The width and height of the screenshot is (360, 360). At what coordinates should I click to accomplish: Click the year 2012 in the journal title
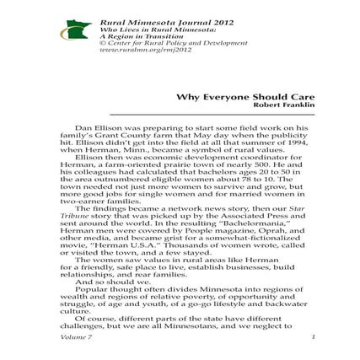pos(174,19)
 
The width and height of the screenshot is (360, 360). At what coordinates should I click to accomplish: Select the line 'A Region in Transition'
pos(125,35)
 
